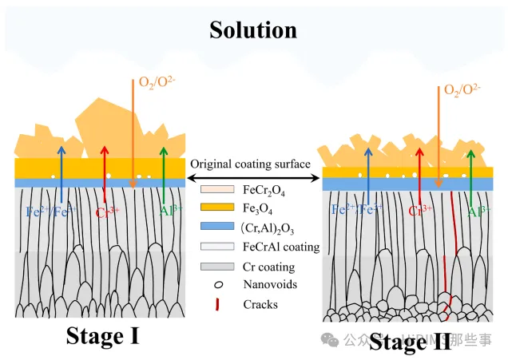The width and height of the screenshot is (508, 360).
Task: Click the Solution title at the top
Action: [252, 30]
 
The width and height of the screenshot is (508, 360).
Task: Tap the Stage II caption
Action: [410, 342]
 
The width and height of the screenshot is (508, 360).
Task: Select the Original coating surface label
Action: [250, 164]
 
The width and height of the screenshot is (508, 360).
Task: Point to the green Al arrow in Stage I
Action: [165, 176]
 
